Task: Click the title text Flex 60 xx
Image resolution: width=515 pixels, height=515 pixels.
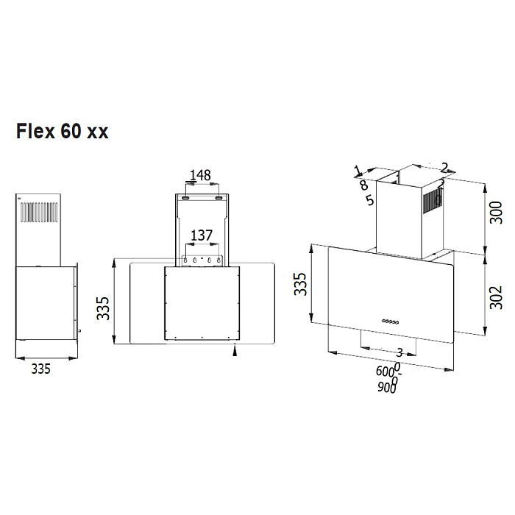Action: point(63,132)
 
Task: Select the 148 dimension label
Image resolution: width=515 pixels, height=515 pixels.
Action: point(200,175)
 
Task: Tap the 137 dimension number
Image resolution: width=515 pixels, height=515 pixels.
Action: point(202,235)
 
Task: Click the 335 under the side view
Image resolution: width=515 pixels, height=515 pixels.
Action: point(41,370)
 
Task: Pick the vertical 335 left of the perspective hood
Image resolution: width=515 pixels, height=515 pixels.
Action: point(300,283)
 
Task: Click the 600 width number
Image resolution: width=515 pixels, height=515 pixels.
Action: point(384,372)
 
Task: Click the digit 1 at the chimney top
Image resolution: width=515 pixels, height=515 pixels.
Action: point(358,171)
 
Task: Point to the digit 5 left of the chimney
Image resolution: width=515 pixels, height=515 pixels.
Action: point(369,199)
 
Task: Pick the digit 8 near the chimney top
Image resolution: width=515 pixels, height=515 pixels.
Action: point(363,185)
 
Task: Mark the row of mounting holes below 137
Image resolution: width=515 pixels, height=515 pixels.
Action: point(201,260)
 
